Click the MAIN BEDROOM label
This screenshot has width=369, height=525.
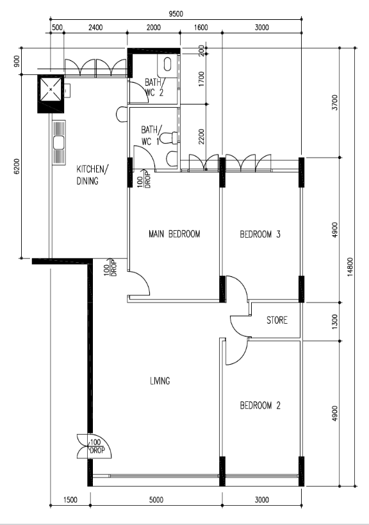[x=174, y=234]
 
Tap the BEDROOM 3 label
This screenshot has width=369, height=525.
[x=260, y=234]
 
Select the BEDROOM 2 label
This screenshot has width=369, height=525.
[x=260, y=406]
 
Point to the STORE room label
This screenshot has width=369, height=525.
[x=277, y=320]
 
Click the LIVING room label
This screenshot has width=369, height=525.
[x=160, y=381]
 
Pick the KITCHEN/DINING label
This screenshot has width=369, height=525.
[x=92, y=175]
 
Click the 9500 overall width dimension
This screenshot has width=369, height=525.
[x=176, y=13]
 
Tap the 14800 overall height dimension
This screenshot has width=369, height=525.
[x=350, y=267]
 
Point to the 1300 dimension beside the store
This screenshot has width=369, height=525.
[x=334, y=322]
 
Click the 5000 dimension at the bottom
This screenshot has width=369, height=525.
[x=156, y=500]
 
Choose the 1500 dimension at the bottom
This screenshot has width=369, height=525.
[x=70, y=500]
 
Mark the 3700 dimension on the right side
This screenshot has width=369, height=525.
[x=334, y=103]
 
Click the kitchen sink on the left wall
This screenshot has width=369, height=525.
[x=59, y=143]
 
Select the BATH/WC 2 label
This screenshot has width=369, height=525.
[x=154, y=87]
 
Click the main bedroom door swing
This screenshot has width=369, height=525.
[x=139, y=283]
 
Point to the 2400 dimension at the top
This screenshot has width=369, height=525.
[x=95, y=28]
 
